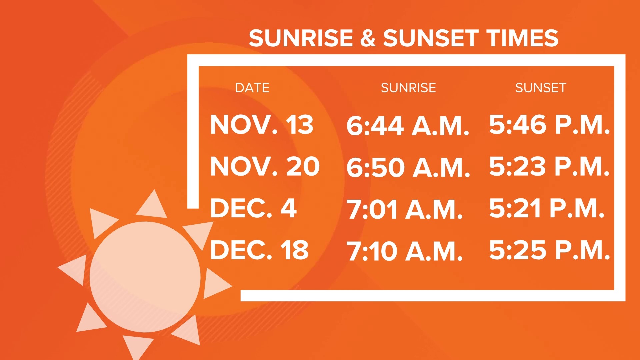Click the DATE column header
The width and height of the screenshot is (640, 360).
pos(252,88)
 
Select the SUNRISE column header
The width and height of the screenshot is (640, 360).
pos(408,88)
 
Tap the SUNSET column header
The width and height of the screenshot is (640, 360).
pos(541,88)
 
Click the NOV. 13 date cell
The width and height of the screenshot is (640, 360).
pos(262,125)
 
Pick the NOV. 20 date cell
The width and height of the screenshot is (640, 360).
pos(265,166)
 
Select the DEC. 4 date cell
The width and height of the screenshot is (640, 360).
pos(253,208)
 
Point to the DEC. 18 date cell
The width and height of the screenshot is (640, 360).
pos(259,250)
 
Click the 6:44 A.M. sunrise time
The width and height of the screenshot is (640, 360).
pos(408,126)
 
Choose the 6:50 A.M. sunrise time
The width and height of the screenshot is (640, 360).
pos(408,167)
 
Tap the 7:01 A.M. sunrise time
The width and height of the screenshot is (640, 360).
pos(405,210)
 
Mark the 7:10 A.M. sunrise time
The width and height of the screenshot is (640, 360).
pos(405,251)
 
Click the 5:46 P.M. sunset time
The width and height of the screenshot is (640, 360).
pos(549,125)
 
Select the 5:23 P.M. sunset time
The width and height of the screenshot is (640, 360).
pos(549,166)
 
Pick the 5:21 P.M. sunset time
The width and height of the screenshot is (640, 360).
pos(547,208)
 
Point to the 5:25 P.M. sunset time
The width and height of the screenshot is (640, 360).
pos(549,250)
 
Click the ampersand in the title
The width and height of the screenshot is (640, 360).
pos(368,38)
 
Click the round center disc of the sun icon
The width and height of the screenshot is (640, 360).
pos(145,277)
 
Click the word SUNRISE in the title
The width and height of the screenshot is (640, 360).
pos(301,38)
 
